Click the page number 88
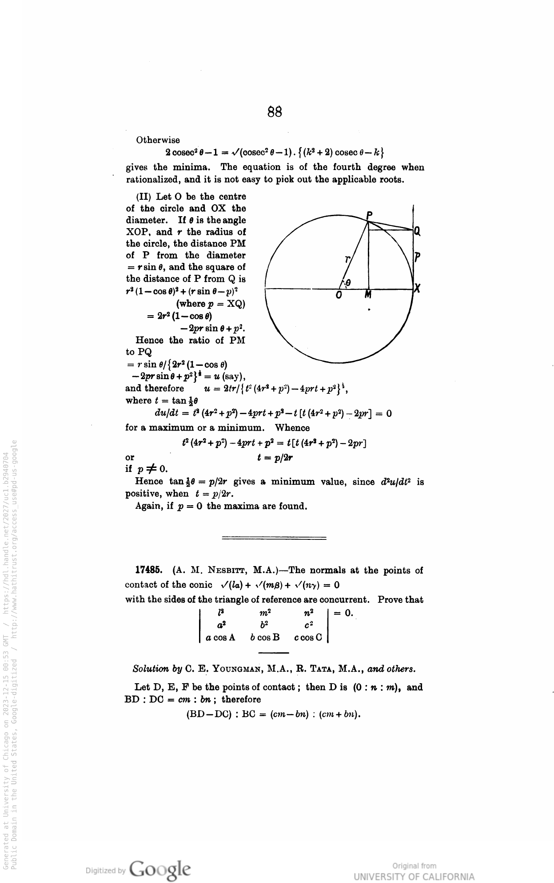click(x=275, y=112)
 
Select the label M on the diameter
click(x=368, y=295)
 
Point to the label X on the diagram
click(x=417, y=289)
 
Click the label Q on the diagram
click(x=417, y=231)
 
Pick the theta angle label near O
click(x=348, y=282)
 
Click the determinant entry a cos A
click(x=220, y=638)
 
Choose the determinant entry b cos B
click(x=265, y=638)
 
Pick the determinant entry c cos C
click(x=308, y=638)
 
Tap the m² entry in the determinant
click(x=265, y=614)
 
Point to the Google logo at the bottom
click(x=160, y=868)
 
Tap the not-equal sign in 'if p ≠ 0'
click(x=151, y=469)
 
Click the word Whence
click(x=292, y=428)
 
